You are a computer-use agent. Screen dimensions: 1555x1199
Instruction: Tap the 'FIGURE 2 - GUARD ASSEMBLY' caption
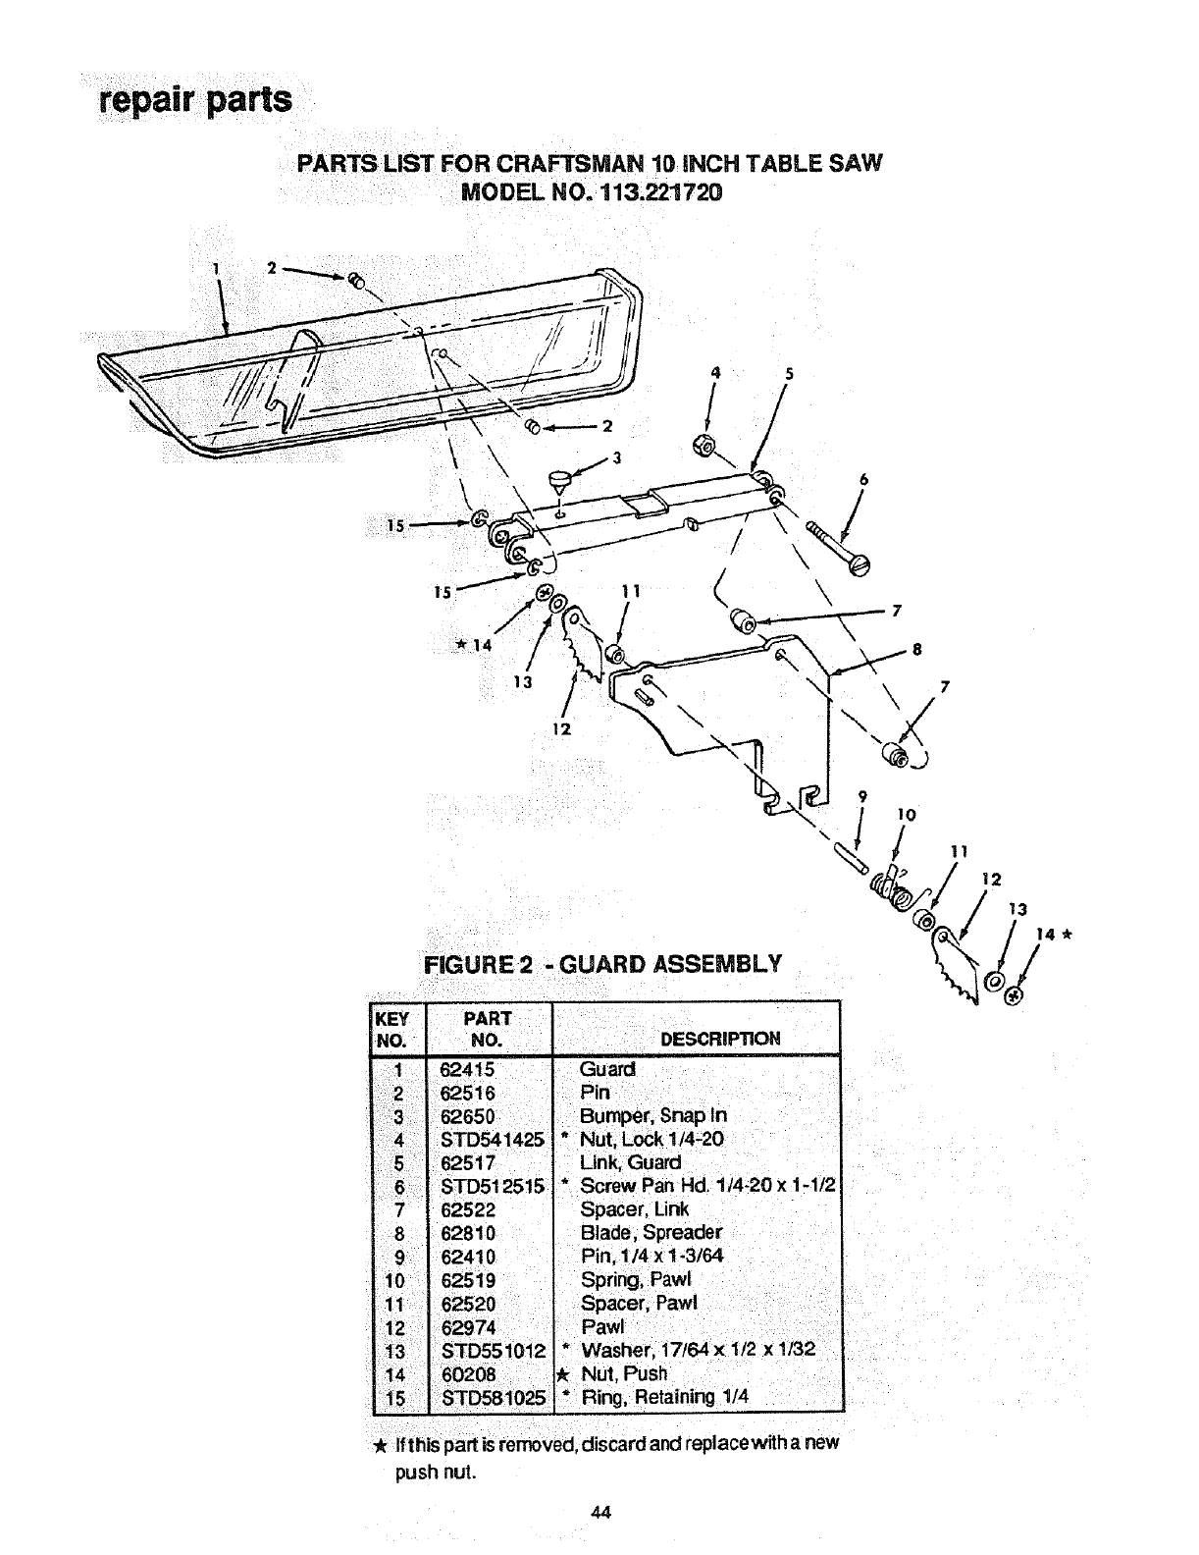(x=602, y=962)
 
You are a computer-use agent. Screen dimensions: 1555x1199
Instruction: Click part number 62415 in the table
(x=469, y=1068)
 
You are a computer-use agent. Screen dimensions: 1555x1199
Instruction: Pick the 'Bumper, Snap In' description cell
(x=653, y=1115)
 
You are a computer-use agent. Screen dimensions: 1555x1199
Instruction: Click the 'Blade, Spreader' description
(x=651, y=1233)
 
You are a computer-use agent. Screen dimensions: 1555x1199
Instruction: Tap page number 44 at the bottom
(x=601, y=1513)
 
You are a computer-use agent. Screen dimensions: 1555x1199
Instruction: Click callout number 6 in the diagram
(x=863, y=480)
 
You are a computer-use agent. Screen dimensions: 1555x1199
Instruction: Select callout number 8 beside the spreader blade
(x=916, y=649)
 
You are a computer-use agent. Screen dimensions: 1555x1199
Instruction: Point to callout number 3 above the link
(x=616, y=456)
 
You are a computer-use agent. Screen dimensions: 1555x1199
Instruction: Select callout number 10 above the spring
(x=906, y=815)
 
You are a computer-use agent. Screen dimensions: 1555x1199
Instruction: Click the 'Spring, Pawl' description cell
(x=636, y=1280)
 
